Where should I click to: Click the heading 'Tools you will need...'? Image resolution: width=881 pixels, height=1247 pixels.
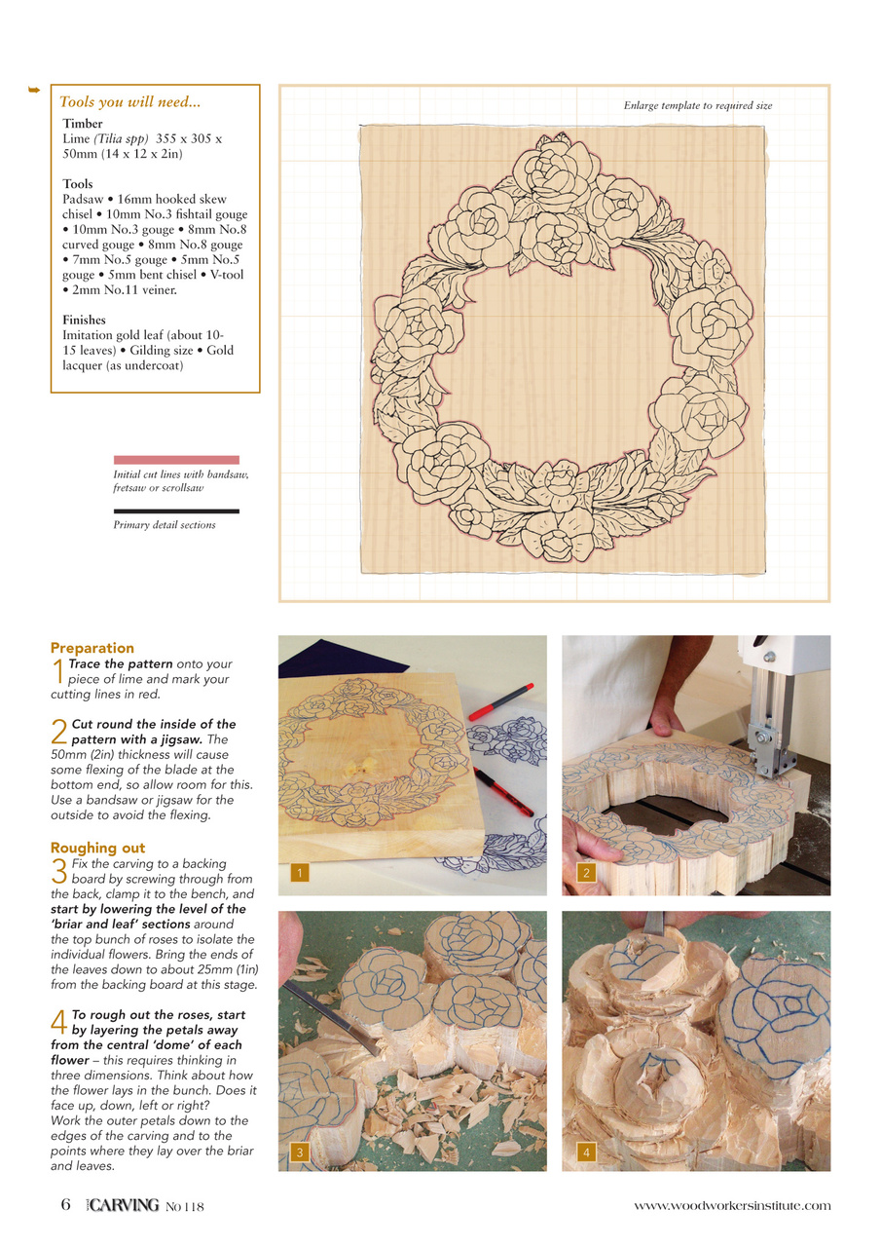129,102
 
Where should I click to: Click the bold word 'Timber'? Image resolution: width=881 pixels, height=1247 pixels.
83,124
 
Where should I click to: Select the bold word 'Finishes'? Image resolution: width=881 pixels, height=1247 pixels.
84,320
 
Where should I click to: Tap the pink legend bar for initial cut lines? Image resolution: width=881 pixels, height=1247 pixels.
176,459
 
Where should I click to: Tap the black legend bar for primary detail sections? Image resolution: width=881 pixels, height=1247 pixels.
176,510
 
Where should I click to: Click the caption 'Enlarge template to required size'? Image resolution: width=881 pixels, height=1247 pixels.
697,105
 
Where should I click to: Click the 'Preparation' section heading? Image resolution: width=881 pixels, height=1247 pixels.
92,648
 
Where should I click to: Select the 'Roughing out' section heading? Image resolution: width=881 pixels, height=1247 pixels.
97,848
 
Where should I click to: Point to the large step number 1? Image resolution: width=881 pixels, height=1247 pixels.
57,670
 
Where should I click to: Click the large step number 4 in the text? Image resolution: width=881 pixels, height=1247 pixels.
57,1022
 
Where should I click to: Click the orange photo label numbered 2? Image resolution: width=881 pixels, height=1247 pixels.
586,874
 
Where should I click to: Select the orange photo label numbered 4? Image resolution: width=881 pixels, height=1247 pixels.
586,1153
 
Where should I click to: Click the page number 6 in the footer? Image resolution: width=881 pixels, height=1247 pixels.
65,1205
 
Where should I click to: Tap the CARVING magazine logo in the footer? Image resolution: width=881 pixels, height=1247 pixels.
121,1206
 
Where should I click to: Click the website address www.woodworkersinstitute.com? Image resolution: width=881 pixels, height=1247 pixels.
732,1206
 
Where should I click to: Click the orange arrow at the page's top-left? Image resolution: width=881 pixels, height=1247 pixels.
33,91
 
